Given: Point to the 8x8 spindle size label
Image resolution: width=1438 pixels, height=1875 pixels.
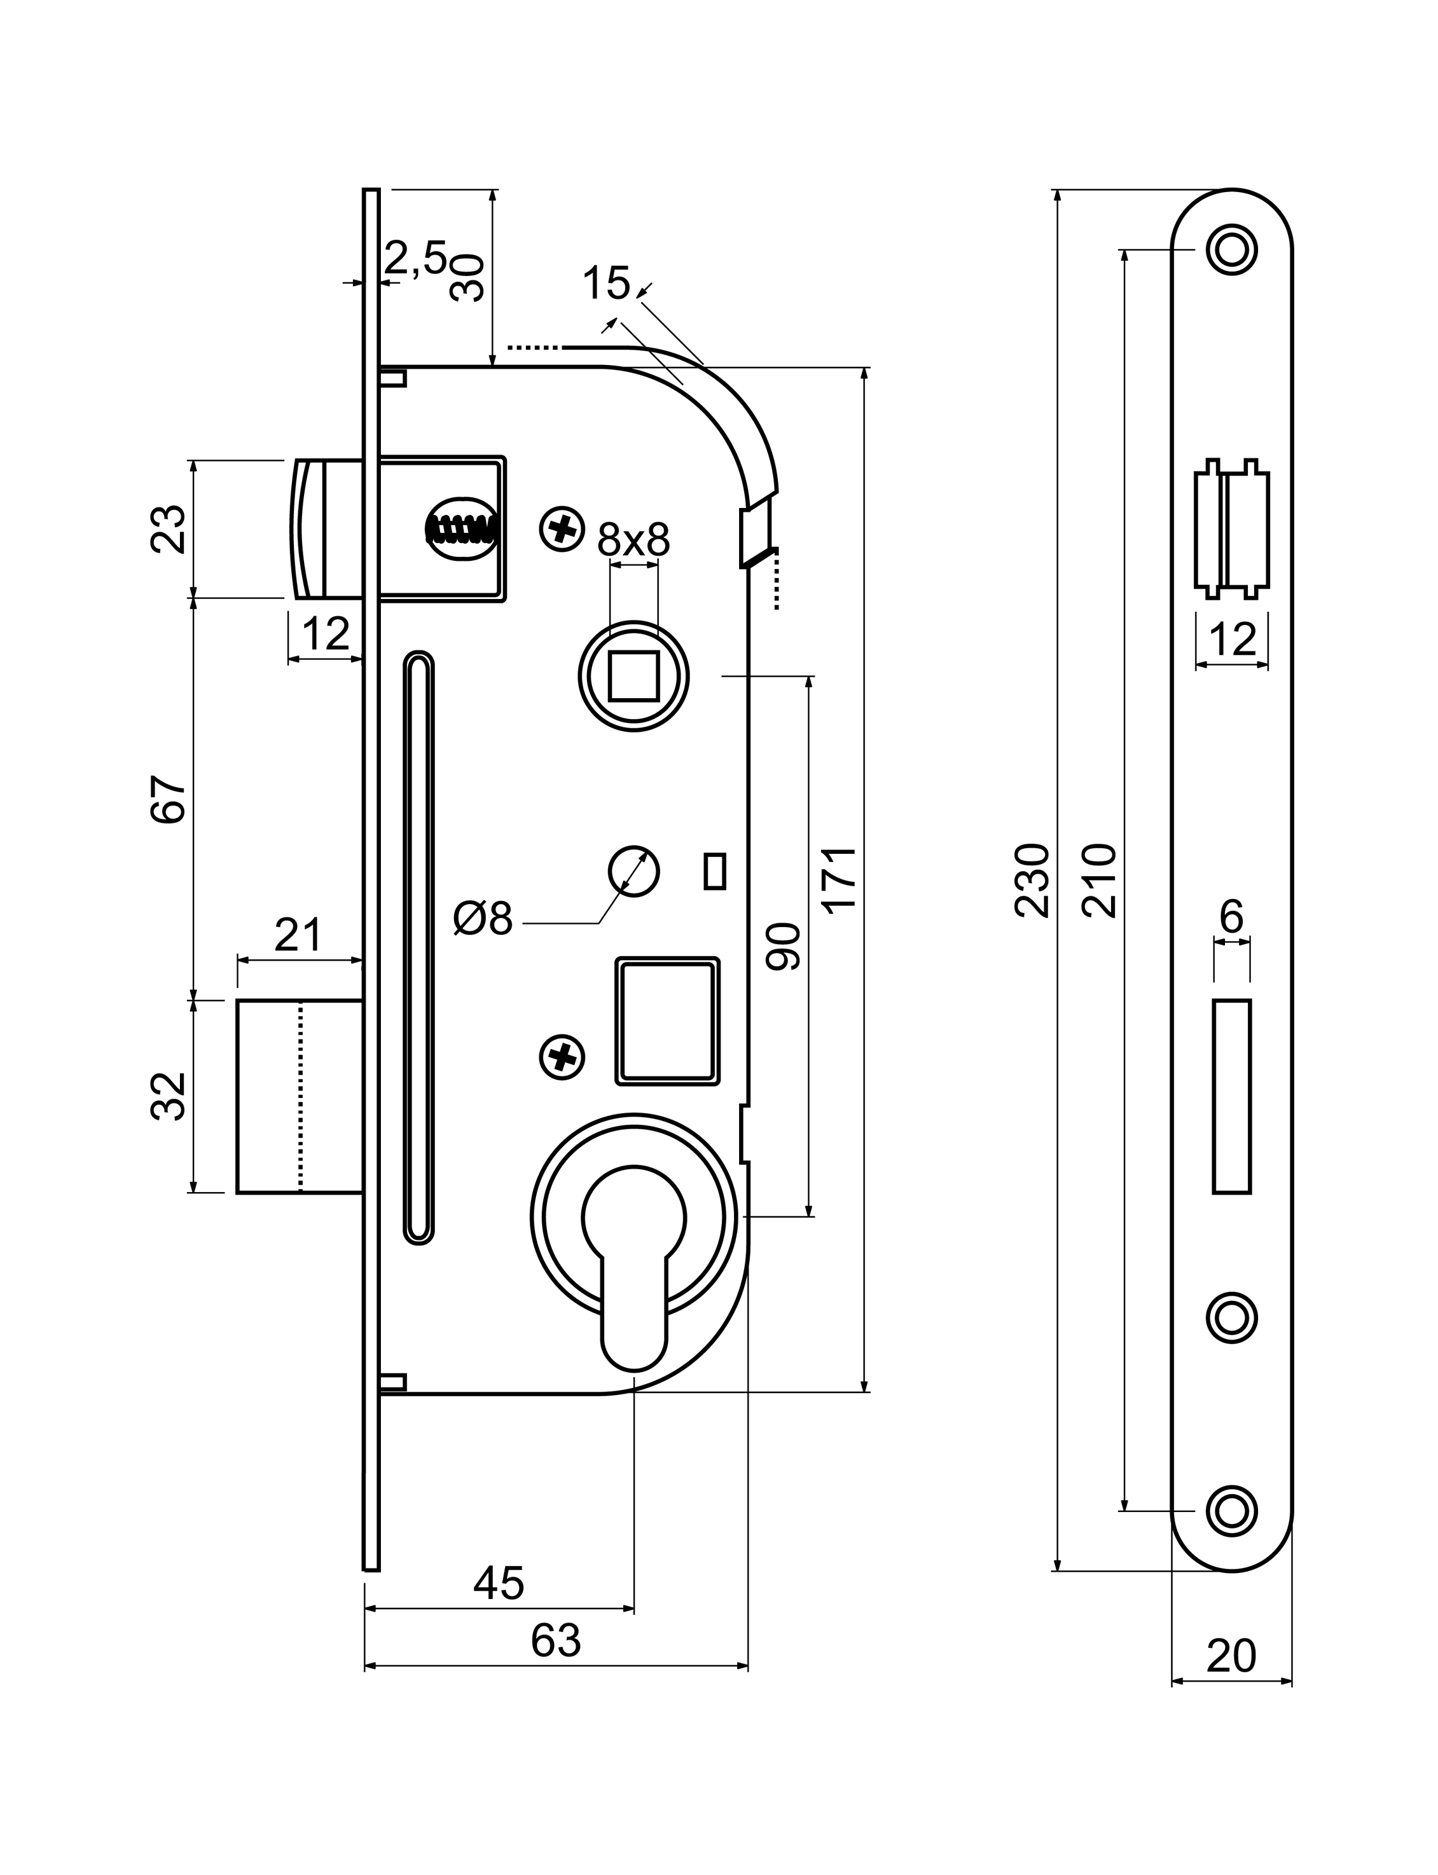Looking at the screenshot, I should tap(633, 540).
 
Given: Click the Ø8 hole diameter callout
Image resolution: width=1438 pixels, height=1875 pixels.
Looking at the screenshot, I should tap(483, 919).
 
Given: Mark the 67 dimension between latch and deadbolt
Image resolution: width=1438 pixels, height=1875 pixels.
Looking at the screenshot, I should tap(169, 799).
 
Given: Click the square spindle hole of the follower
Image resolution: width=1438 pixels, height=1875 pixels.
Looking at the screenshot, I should tap(633, 676).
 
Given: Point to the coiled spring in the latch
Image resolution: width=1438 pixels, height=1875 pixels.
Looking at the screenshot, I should tap(463, 529).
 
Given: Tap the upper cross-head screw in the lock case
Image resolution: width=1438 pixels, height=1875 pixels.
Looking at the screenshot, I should tap(562, 529).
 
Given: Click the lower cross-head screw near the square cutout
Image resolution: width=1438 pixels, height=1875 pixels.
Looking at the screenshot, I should tap(562, 1058).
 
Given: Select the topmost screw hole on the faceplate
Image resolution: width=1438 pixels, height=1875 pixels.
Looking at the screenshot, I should tap(1232, 250).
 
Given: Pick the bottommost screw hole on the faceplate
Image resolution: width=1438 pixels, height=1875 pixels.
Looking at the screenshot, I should tap(1232, 1511).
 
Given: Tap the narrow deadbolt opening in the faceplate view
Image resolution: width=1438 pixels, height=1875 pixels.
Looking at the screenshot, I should tap(1232, 1096).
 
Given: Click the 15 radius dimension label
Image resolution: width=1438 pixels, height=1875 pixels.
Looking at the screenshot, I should tap(606, 284).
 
